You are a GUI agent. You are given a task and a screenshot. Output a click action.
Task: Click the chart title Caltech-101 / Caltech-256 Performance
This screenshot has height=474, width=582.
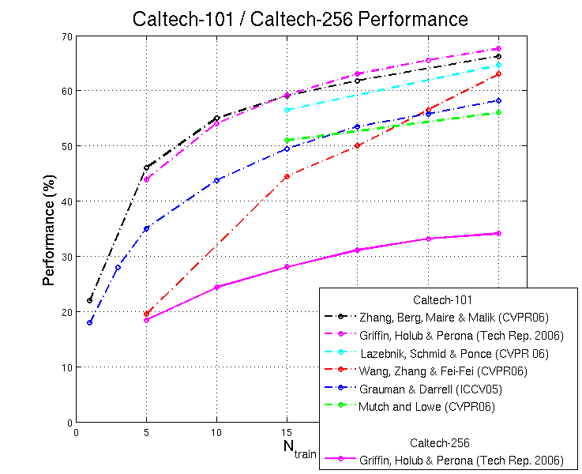click(299, 18)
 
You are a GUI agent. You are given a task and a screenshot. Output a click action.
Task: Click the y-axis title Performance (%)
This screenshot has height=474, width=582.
click(50, 229)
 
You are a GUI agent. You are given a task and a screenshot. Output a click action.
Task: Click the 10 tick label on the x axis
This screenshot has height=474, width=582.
click(216, 432)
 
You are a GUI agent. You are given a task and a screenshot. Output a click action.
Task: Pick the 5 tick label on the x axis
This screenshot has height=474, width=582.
click(146, 432)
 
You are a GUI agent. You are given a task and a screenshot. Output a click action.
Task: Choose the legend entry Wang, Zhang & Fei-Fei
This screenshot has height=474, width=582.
click(442, 371)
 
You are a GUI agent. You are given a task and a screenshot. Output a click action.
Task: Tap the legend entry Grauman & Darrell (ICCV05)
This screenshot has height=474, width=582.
click(430, 389)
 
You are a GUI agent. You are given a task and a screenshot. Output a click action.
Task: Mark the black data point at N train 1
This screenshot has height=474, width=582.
click(90, 300)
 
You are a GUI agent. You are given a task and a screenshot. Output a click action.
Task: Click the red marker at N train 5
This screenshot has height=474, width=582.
click(146, 314)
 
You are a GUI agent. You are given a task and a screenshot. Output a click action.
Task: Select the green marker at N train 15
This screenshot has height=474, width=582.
click(287, 140)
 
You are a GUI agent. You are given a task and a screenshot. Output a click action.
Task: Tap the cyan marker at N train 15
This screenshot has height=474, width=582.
click(287, 110)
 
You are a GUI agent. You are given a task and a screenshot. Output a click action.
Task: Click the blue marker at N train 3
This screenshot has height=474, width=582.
click(118, 267)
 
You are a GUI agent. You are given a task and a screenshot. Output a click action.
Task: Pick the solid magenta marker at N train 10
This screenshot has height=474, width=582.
click(216, 287)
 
